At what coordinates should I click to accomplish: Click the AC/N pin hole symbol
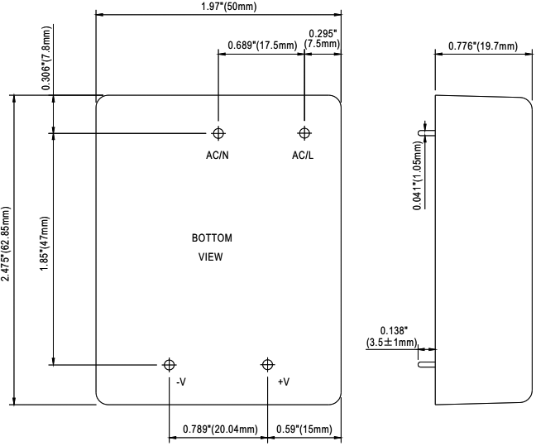tap(218, 133)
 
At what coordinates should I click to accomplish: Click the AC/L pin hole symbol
tap(304, 133)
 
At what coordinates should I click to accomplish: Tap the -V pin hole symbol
tap(170, 364)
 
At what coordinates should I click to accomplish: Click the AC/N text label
tap(218, 156)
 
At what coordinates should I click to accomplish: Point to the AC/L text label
tap(303, 156)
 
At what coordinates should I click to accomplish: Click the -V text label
tap(180, 382)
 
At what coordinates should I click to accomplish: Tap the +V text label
tap(284, 382)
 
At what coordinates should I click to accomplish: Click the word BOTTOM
tap(212, 238)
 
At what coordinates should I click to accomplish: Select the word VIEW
tap(212, 257)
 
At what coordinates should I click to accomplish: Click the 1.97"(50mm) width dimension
tap(219, 6)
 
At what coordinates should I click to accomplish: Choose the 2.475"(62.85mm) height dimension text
tap(7, 249)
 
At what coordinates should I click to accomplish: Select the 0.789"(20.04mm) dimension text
tap(218, 429)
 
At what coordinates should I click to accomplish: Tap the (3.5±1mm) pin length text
tap(393, 342)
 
